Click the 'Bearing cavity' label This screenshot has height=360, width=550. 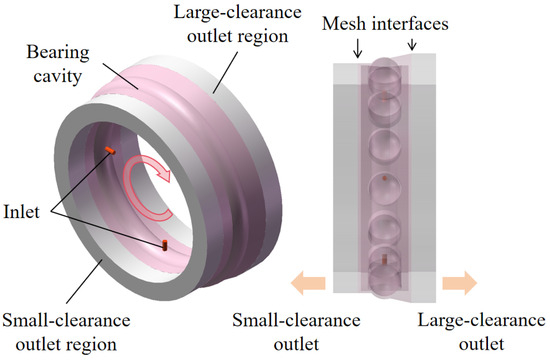pos(58,64)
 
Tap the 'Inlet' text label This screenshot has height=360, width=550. pos(21,212)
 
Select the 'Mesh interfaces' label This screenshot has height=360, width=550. pos(385,24)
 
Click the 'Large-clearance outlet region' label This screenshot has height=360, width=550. pos(238,24)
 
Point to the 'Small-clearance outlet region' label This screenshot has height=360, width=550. pos(66,332)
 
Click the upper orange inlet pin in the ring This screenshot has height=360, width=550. pos(110,151)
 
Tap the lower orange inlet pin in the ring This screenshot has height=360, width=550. pos(164,245)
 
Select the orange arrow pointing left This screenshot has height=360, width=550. pos(308,282)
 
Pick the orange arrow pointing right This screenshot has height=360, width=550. pos(460,282)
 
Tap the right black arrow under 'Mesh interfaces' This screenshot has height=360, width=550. pos(412,43)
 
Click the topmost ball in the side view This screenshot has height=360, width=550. pos(385,73)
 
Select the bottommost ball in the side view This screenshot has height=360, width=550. pos(385,281)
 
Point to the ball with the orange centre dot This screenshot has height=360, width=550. pos(385,189)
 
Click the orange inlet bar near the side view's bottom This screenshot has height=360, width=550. pos(384,259)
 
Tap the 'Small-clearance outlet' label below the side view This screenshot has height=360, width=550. pos(296,332)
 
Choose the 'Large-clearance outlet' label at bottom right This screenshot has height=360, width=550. pos(481,332)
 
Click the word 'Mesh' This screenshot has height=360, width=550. pos(345,24)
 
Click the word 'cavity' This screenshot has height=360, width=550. pos(58,76)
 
